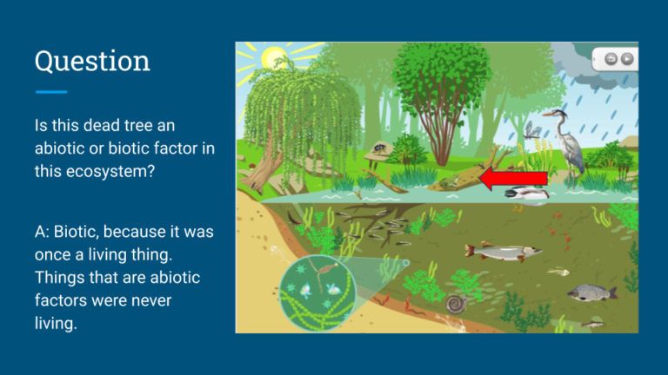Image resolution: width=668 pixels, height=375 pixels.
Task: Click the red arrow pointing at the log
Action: pos(513,179)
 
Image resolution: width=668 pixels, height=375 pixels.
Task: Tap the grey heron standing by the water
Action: pos(570,143)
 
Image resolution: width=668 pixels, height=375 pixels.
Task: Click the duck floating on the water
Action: pos(526,194)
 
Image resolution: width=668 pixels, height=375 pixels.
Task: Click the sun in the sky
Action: pos(275,58)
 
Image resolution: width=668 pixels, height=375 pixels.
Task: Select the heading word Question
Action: pos(91,62)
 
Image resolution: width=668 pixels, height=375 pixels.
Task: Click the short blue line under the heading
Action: pos(51,91)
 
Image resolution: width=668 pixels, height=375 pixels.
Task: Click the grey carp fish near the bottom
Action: pos(591,293)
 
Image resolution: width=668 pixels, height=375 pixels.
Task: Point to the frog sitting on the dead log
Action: pos(450,181)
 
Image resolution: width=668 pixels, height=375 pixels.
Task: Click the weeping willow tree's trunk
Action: pos(262,169)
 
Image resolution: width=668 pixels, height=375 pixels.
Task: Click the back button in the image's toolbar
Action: pos(611,59)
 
